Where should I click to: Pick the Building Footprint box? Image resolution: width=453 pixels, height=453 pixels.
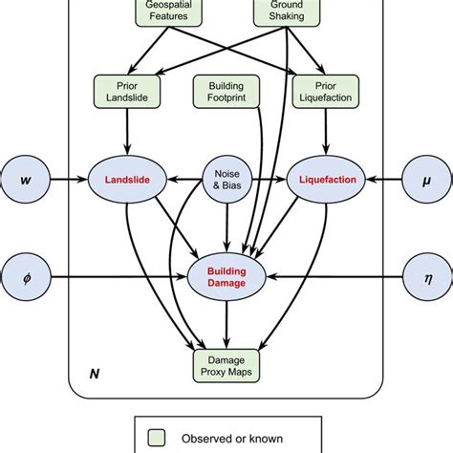pos(226,93)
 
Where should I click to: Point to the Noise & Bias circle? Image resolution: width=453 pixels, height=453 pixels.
pos(226,177)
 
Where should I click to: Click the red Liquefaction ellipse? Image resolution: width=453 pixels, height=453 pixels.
pos(328,177)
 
